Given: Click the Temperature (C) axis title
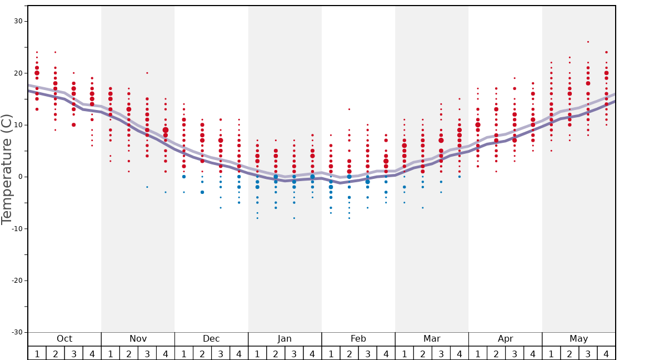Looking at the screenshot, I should pyautogui.click(x=7, y=169).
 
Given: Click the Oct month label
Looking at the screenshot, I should pyautogui.click(x=64, y=339).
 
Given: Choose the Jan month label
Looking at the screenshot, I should pyautogui.click(x=284, y=339).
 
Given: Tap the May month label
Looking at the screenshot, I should pyautogui.click(x=578, y=339).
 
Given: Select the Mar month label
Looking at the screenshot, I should pyautogui.click(x=432, y=339).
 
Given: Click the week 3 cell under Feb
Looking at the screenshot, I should pyautogui.click(x=367, y=353).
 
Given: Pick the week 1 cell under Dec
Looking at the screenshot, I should pyautogui.click(x=184, y=353).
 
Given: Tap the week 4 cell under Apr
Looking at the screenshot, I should pyautogui.click(x=533, y=353).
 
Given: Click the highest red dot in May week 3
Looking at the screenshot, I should pyautogui.click(x=588, y=42).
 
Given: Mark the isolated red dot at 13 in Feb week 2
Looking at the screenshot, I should pyautogui.click(x=349, y=109).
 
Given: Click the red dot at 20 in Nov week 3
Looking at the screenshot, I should pyautogui.click(x=147, y=73).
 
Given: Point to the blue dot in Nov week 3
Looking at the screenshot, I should pyautogui.click(x=147, y=187).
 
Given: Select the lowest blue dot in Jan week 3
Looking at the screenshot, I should pyautogui.click(x=294, y=218).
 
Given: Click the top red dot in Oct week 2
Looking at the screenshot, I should pyautogui.click(x=55, y=52).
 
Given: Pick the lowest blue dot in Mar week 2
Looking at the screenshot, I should pyautogui.click(x=422, y=208).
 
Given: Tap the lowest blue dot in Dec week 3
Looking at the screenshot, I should pyautogui.click(x=221, y=208).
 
